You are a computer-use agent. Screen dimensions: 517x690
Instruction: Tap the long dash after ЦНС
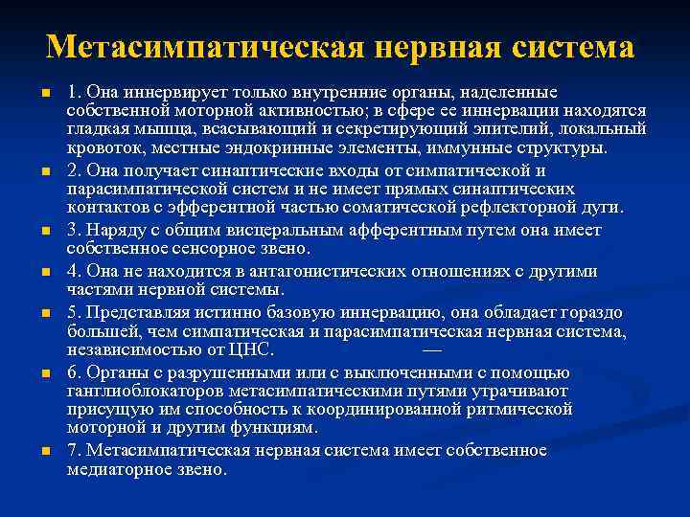click(432, 349)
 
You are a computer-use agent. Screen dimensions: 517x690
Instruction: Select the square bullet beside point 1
click(45, 94)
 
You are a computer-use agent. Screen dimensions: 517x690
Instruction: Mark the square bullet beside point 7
click(45, 451)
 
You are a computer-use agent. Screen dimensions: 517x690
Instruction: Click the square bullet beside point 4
click(45, 272)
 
